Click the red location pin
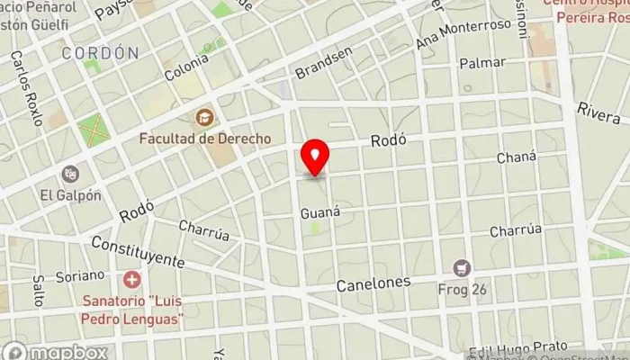(315, 157)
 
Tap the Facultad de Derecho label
(205, 139)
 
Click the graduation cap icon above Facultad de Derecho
(205, 118)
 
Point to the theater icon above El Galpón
(70, 173)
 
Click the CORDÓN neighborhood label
(100, 53)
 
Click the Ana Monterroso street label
(463, 35)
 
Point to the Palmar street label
(475, 63)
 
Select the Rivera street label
(599, 112)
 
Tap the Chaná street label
(517, 158)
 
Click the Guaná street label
(320, 213)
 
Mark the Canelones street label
(373, 283)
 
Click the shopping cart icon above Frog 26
(463, 267)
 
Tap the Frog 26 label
(463, 289)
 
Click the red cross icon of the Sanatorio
(132, 280)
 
